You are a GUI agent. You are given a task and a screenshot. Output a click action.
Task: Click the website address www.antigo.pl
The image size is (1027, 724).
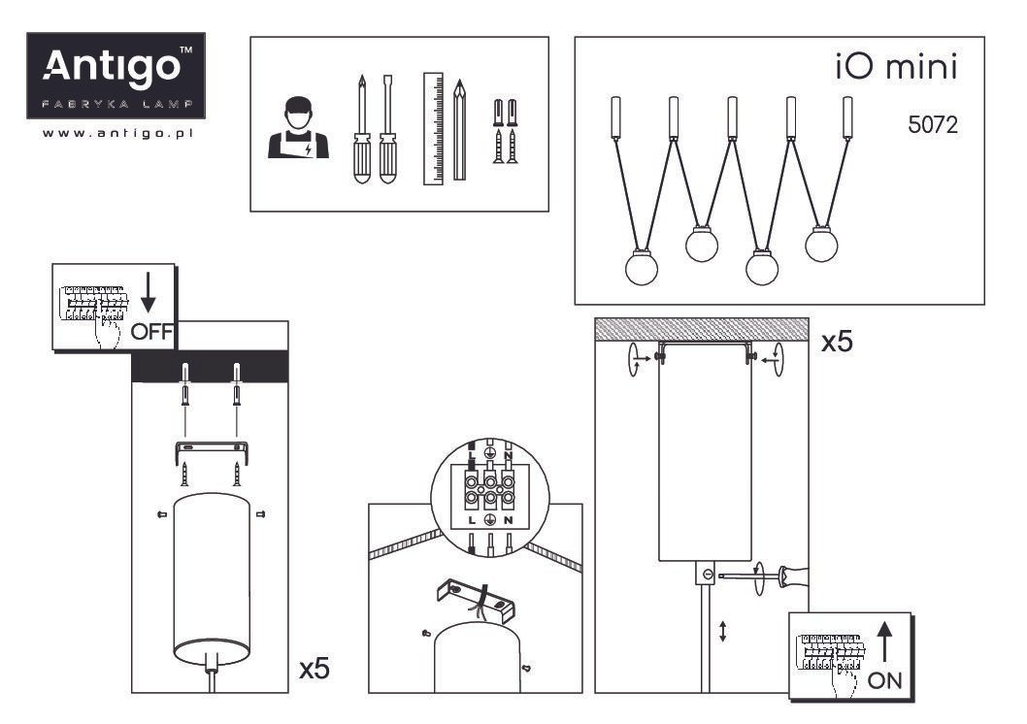[117, 133]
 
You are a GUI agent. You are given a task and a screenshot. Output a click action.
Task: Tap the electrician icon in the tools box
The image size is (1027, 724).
[298, 128]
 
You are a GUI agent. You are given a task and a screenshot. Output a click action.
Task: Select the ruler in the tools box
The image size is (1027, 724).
[433, 128]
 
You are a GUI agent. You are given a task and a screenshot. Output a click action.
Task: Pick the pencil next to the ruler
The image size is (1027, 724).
[460, 130]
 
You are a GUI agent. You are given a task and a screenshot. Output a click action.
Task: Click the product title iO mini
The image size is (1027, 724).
[896, 67]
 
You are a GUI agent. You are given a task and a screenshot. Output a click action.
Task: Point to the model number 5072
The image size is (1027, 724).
[933, 124]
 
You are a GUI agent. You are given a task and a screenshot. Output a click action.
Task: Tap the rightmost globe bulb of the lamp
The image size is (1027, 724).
[821, 245]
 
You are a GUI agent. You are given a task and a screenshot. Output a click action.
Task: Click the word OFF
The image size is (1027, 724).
[151, 332]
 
